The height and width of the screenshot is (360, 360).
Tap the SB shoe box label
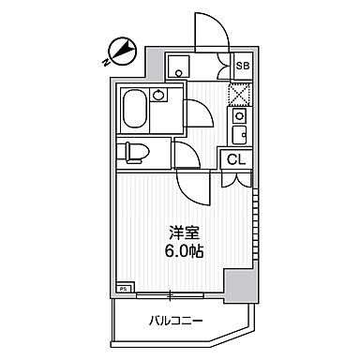(242, 66)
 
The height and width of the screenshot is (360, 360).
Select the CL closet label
(236, 158)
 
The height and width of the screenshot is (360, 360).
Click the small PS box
(123, 290)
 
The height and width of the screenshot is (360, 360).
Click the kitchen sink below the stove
(239, 134)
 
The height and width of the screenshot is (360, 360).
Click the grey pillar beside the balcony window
(239, 285)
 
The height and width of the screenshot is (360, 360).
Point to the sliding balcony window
(171, 296)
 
